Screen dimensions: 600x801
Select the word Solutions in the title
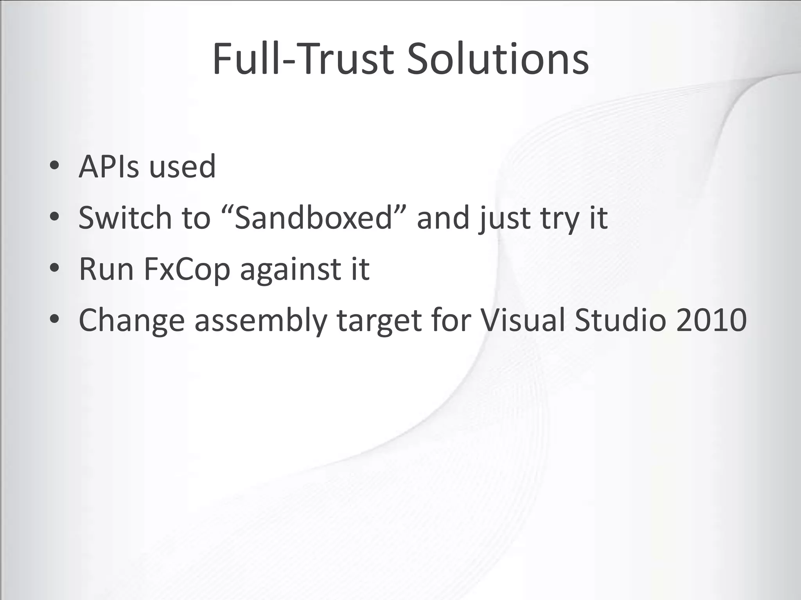click(x=497, y=59)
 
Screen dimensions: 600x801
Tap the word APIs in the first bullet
click(x=109, y=167)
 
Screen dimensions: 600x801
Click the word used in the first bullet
click(x=182, y=167)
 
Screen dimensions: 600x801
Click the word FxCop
click(x=187, y=270)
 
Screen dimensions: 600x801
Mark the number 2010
click(x=711, y=320)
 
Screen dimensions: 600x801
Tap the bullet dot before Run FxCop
click(x=55, y=268)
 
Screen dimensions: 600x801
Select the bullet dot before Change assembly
click(x=55, y=319)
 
